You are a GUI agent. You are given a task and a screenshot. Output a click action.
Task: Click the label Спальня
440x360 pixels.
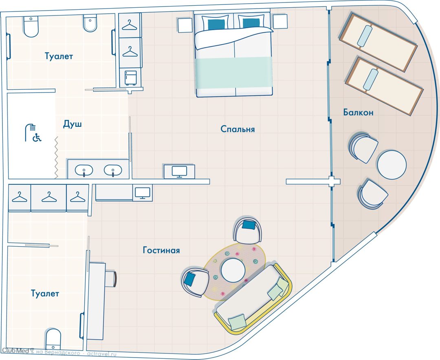[238, 129]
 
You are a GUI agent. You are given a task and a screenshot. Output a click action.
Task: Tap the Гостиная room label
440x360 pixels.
[161, 250]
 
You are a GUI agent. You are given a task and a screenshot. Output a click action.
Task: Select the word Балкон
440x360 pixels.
[359, 113]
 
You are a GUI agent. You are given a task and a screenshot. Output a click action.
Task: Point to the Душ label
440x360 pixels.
[72, 124]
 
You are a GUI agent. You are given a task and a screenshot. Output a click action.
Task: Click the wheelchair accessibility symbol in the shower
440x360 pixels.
[37, 137]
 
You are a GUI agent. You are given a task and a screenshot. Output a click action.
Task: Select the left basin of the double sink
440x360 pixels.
[84, 170]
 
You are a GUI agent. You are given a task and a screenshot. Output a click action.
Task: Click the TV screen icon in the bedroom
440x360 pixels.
[179, 172]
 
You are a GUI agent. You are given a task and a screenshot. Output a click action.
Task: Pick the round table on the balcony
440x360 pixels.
[392, 165]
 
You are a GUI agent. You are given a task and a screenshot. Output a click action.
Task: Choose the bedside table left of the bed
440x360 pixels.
[185, 25]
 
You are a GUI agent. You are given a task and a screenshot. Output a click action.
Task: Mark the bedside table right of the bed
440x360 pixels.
[280, 21]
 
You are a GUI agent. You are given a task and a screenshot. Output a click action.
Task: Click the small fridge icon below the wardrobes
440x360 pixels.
[130, 78]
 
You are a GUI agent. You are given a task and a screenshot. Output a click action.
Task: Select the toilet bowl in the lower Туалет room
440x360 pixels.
[53, 339]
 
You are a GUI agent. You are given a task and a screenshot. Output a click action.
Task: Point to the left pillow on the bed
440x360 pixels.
[216, 22]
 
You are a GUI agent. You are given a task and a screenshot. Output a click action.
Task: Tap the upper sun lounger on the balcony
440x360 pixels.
[378, 42]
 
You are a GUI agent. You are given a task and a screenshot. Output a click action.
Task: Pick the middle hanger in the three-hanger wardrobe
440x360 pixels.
[49, 197]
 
